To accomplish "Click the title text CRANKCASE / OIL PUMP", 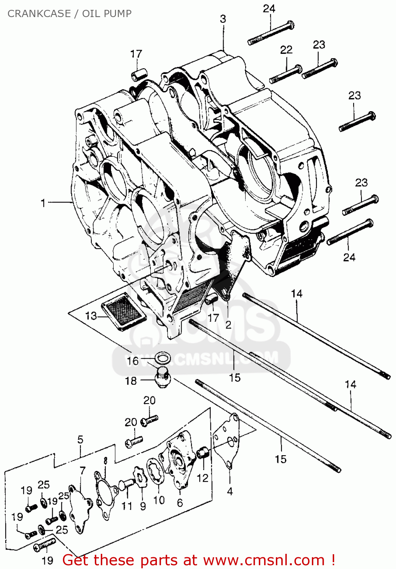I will pyautogui.click(x=69, y=14).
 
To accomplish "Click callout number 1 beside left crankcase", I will pyautogui.click(x=43, y=203).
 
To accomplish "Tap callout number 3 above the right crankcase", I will pyautogui.click(x=223, y=19).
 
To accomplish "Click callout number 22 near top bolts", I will pyautogui.click(x=286, y=50).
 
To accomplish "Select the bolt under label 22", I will pyautogui.click(x=286, y=74).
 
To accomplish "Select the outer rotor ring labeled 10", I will pyautogui.click(x=155, y=471).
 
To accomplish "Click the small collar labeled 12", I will pyautogui.click(x=203, y=453).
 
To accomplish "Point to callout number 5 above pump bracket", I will pyautogui.click(x=80, y=440).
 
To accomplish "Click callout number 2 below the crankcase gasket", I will pyautogui.click(x=228, y=325).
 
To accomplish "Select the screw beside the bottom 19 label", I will pyautogui.click(x=44, y=546).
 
